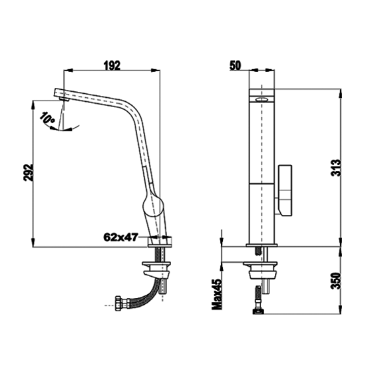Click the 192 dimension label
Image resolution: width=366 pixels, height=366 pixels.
coord(112,66)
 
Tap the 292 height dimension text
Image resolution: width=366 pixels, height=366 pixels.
coord(28,172)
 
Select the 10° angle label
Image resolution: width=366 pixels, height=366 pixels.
coord(47,118)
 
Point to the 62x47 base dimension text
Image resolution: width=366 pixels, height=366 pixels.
coord(121,237)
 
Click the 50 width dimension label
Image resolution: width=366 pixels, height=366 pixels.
coord(236,66)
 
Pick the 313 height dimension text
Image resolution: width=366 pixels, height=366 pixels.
coord(336,168)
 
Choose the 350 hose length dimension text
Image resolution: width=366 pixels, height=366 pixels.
coord(336,281)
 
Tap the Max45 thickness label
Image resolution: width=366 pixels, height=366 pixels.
coord(217,293)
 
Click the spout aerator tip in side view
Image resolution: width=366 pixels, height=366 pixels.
coord(64,99)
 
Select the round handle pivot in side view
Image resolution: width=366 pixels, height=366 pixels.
coord(152,205)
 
